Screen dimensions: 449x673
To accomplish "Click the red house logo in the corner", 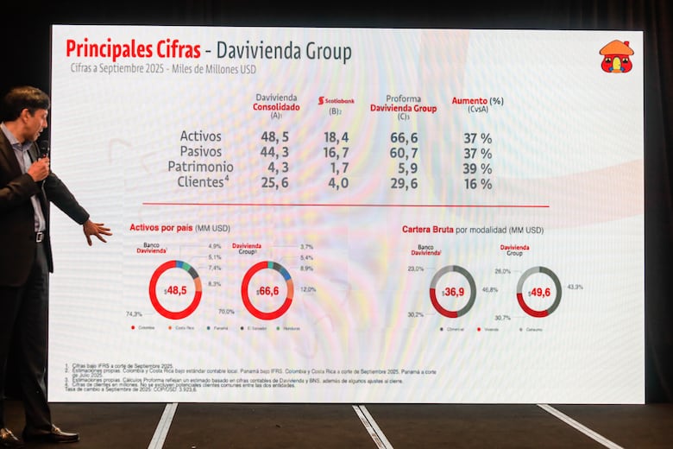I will pyautogui.click(x=616, y=56).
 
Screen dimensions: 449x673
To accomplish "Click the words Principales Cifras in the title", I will pyautogui.click(x=133, y=49).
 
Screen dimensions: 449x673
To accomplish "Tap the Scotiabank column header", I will pyautogui.click(x=336, y=101).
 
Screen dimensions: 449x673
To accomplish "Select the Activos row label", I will pyautogui.click(x=200, y=137).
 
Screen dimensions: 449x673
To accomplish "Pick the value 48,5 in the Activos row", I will pyautogui.click(x=275, y=137).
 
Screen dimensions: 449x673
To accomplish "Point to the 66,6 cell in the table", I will pyautogui.click(x=403, y=137).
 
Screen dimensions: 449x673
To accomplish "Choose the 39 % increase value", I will pyautogui.click(x=477, y=168).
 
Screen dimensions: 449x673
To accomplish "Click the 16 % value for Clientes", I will pyautogui.click(x=477, y=184).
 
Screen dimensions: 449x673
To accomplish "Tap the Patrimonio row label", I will pyautogui.click(x=200, y=168).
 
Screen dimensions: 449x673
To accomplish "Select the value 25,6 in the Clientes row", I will pyautogui.click(x=275, y=184).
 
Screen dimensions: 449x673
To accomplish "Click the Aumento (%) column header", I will pyautogui.click(x=477, y=101).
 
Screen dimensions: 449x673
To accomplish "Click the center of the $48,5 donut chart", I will pyautogui.click(x=175, y=291).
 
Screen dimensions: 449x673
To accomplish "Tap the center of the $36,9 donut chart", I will pyautogui.click(x=453, y=292).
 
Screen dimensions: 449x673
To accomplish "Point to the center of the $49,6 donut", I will pyautogui.click(x=539, y=292).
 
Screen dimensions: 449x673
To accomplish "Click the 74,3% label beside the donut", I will pyautogui.click(x=134, y=313).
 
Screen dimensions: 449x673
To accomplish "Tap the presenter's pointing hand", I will pyautogui.click(x=97, y=231).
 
